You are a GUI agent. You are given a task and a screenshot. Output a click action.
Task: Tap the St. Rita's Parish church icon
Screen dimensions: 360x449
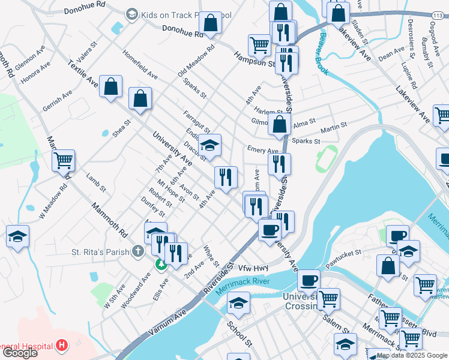click(x=138, y=250)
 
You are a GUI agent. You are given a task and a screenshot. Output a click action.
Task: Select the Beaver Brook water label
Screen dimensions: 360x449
click(x=321, y=58)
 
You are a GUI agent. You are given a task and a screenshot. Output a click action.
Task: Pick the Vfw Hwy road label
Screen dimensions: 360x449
click(x=253, y=268)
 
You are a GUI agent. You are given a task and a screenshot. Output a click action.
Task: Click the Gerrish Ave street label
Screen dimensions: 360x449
click(x=58, y=101)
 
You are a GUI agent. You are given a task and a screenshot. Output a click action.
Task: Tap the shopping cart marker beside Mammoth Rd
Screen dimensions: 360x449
click(x=63, y=161)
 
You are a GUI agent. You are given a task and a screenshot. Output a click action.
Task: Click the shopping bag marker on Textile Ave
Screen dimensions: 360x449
click(x=111, y=86)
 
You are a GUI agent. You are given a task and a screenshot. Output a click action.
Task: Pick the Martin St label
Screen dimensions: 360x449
click(x=334, y=128)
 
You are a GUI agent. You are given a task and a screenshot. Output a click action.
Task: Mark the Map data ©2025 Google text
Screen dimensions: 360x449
click(x=412, y=356)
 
